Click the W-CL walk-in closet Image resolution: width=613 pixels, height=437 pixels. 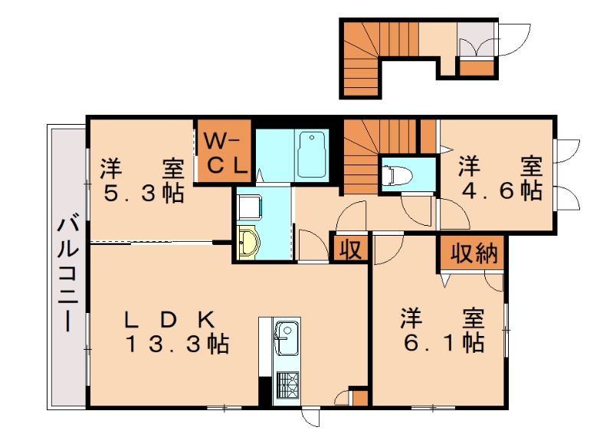225,151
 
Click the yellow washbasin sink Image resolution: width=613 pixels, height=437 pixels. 249,244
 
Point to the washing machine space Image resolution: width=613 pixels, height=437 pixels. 250,207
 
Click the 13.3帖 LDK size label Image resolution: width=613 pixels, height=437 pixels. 177,344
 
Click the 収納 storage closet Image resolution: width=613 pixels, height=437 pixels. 470,253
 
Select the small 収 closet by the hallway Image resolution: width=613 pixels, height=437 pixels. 351,249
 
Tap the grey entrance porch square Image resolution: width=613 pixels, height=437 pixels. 477,38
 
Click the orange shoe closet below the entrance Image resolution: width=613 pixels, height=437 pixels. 477,67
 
